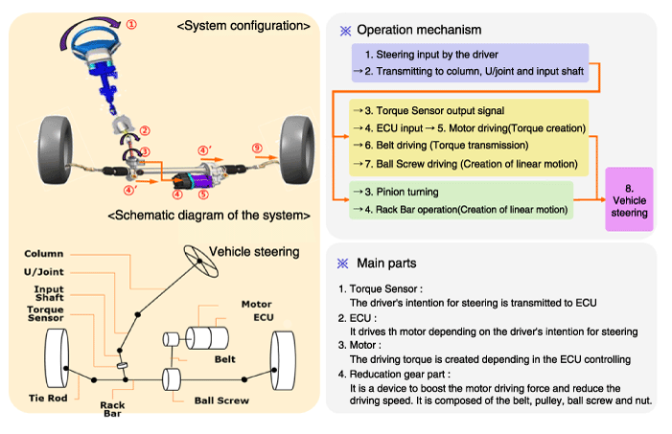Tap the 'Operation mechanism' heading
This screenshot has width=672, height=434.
(419, 30)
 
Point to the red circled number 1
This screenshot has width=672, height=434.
(132, 21)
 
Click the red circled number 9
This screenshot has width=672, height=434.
(257, 148)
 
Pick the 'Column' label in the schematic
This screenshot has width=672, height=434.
(45, 254)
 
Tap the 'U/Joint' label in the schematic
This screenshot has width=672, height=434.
(45, 272)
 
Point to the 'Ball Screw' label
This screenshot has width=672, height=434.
(221, 400)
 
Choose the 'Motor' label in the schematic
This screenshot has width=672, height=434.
(257, 304)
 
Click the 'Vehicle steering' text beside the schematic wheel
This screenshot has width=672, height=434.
(253, 252)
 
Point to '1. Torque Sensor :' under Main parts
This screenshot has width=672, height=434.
(381, 288)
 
